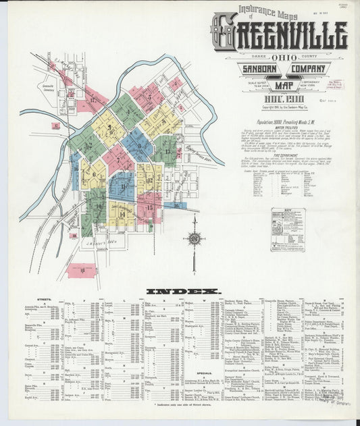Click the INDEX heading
182,292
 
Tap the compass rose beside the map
195,238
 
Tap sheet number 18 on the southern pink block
82,270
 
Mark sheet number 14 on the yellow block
122,214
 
